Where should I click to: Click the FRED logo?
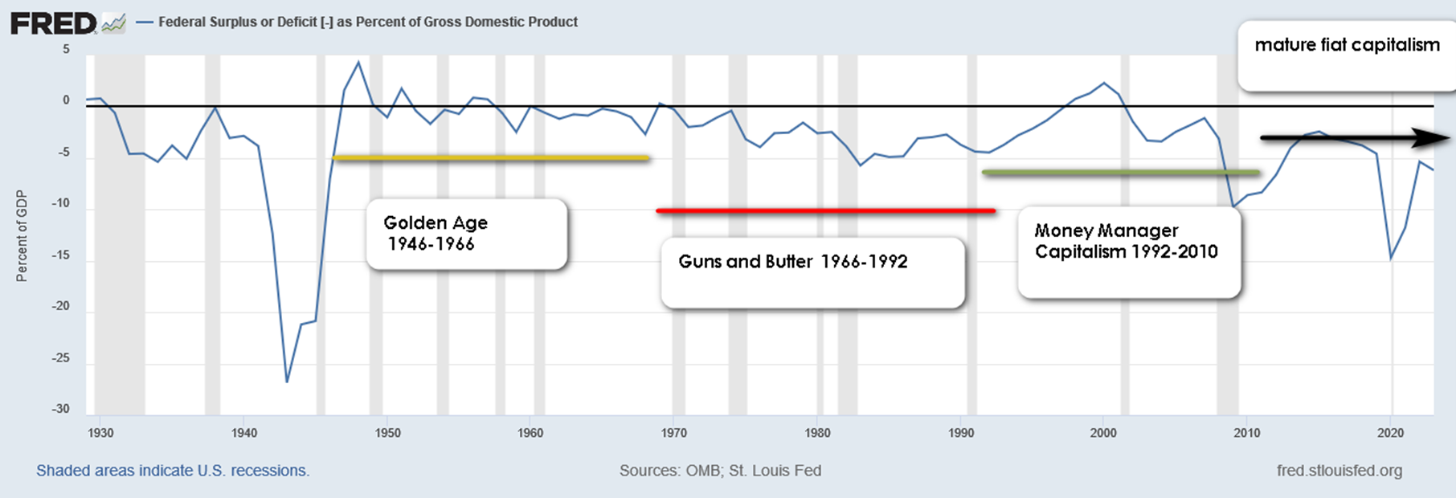53,23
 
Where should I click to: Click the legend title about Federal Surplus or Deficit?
367,22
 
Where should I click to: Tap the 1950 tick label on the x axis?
387,433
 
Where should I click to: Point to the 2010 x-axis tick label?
1246,433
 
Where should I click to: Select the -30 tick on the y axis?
61,409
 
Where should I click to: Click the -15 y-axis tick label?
61,255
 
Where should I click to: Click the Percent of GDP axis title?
22,236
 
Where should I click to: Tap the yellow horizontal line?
490,158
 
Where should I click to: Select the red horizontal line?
826,210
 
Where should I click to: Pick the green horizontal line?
1121,173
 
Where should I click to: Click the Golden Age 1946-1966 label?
436,233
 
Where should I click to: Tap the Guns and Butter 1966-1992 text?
793,262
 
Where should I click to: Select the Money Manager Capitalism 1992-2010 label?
1126,242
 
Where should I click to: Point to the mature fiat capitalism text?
1347,46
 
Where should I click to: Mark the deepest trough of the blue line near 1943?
287,382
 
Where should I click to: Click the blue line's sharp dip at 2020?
1391,259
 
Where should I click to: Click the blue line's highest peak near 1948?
358,62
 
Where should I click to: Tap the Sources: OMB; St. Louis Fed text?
720,471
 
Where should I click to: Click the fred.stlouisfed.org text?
1339,471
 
